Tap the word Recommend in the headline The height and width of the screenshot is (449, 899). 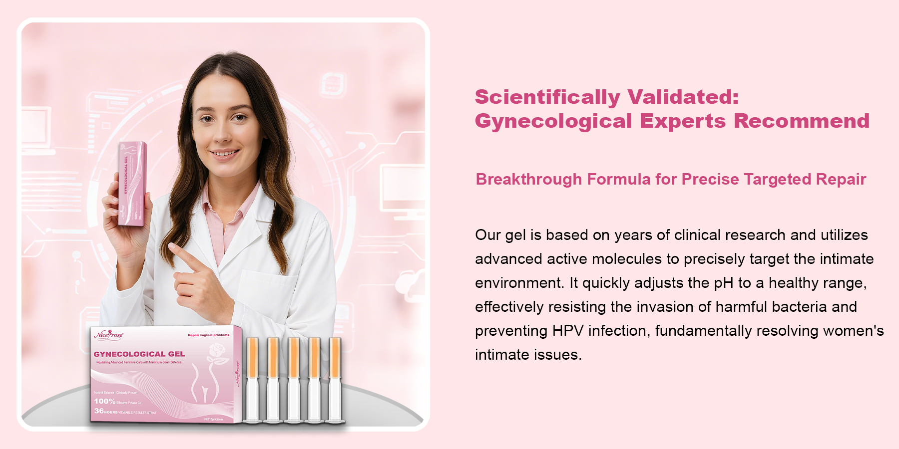802,121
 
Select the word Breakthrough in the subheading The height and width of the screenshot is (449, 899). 528,179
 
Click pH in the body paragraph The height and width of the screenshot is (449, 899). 723,283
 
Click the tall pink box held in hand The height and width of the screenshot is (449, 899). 132,183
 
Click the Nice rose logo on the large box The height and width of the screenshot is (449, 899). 108,335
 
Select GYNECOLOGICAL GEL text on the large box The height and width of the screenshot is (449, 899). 139,354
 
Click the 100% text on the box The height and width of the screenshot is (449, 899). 104,401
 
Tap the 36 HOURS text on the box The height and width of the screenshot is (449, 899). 106,411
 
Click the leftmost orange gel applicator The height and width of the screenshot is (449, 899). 253,379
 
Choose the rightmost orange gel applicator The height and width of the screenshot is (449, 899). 335,379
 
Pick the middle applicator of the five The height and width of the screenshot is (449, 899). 294,379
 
